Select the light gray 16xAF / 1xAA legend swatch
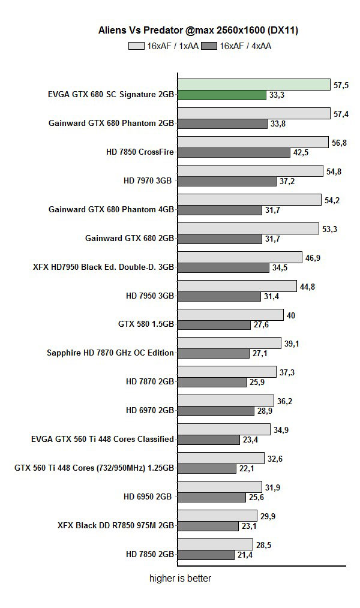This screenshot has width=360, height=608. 137,46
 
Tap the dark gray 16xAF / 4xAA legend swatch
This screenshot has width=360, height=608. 210,46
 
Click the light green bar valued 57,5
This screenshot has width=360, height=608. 254,85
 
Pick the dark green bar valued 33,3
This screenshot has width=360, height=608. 221,95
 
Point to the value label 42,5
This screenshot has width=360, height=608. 301,153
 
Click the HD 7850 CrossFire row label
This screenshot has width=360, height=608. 139,152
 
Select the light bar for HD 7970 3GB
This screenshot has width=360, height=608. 250,171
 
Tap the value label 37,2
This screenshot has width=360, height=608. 286,181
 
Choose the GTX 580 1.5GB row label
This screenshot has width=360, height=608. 146,324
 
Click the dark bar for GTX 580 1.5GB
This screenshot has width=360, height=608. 214,325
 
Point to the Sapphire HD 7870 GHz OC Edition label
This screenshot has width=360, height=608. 110,353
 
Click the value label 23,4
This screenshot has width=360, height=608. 250,440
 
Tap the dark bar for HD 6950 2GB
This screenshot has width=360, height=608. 212,497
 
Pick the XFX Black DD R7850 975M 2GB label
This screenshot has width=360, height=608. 115,525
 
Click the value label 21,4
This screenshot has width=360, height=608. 244,555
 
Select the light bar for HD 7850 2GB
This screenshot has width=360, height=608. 215,544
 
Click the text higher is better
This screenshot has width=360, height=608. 180,579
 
